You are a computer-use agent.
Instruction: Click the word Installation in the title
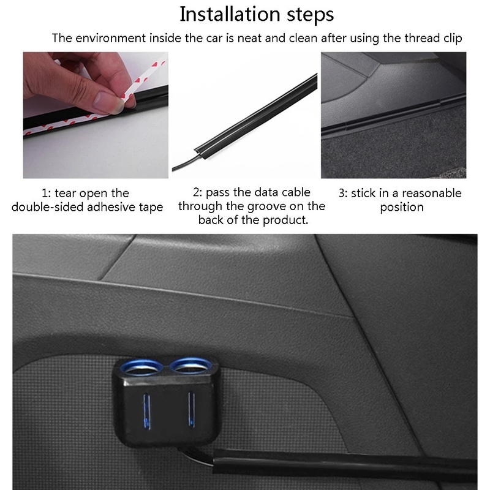[x=230, y=14]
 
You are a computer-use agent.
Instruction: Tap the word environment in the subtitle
[x=111, y=38]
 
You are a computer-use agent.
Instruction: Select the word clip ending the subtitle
[x=453, y=39]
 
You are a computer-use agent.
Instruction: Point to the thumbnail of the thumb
[x=104, y=100]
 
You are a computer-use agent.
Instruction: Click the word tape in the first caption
[x=151, y=208]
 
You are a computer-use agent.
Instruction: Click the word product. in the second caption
[x=285, y=221]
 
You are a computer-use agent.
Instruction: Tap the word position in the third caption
[x=402, y=208]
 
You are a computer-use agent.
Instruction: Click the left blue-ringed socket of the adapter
[x=143, y=367]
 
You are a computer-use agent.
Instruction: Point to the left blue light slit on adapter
[x=146, y=411]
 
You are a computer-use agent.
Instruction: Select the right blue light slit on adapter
[x=191, y=409]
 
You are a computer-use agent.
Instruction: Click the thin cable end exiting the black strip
[x=173, y=169]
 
